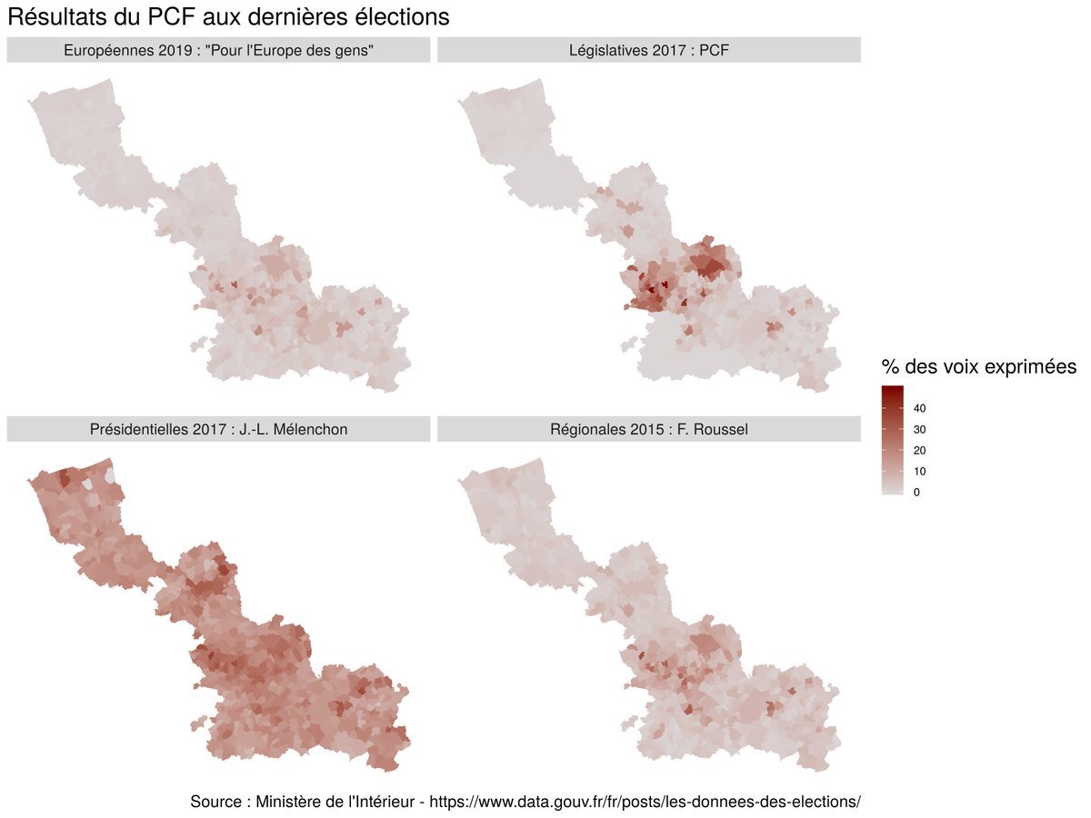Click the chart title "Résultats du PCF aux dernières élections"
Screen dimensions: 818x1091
(x=228, y=17)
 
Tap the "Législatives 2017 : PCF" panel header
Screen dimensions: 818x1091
(x=648, y=51)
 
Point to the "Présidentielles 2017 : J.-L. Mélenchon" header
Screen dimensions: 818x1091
(x=218, y=429)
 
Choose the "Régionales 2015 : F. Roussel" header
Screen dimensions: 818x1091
(x=648, y=429)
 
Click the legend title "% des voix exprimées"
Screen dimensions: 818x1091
(x=978, y=367)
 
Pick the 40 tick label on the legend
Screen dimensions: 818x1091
(x=919, y=408)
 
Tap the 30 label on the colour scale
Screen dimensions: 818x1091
(x=919, y=429)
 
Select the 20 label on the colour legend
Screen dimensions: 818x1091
(x=919, y=451)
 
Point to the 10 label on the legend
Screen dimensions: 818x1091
(x=919, y=472)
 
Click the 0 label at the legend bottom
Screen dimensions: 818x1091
(x=916, y=493)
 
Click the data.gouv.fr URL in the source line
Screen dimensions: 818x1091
(x=645, y=802)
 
